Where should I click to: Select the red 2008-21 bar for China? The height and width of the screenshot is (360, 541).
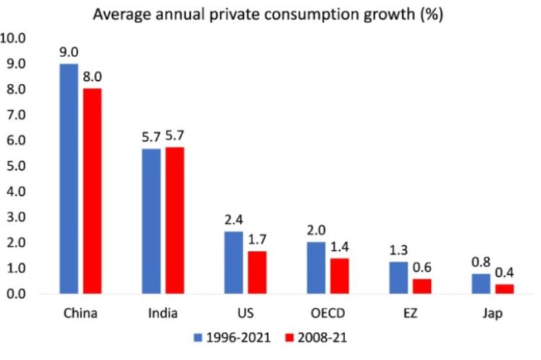click(92, 191)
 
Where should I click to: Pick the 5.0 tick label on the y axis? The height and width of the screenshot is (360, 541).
click(17, 166)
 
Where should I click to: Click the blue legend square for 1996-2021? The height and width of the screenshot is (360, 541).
click(198, 338)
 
